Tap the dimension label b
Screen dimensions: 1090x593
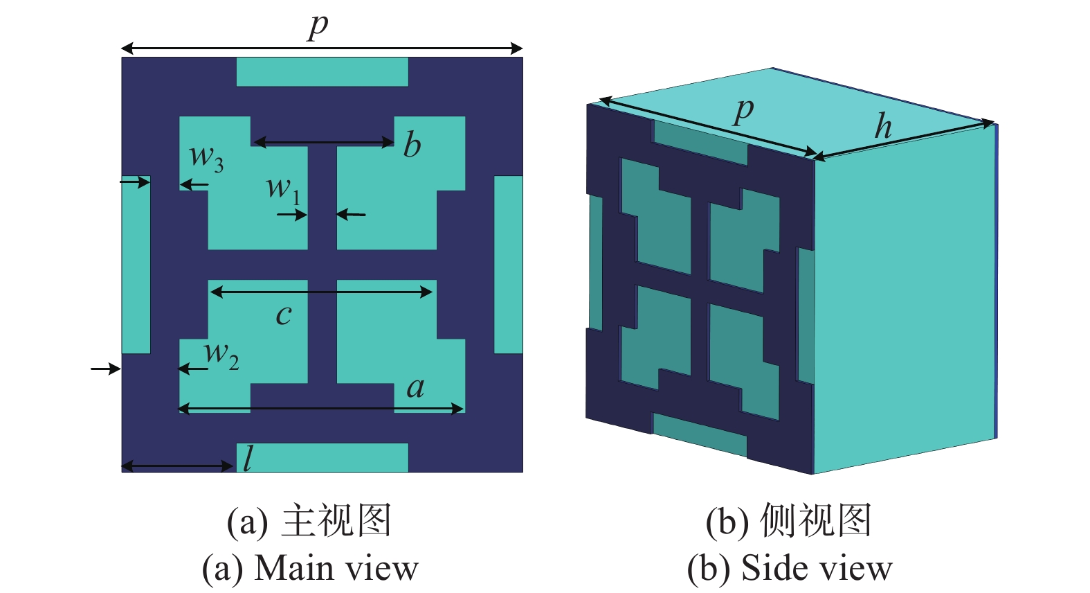click(412, 144)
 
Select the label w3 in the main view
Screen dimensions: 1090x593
click(206, 159)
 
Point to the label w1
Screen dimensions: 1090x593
click(283, 190)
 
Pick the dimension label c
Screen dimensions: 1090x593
click(284, 315)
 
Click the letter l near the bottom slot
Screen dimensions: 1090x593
click(248, 459)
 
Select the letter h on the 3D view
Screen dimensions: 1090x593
click(883, 126)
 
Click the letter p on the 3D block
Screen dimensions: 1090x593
click(743, 112)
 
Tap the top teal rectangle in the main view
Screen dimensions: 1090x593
click(322, 72)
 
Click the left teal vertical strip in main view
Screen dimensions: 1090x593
click(136, 265)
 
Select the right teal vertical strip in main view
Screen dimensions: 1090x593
click(509, 265)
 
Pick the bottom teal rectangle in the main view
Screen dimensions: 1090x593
click(322, 457)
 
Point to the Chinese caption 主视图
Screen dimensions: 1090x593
click(336, 521)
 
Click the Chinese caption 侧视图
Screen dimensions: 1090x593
click(815, 521)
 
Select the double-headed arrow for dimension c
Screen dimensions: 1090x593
click(321, 292)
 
